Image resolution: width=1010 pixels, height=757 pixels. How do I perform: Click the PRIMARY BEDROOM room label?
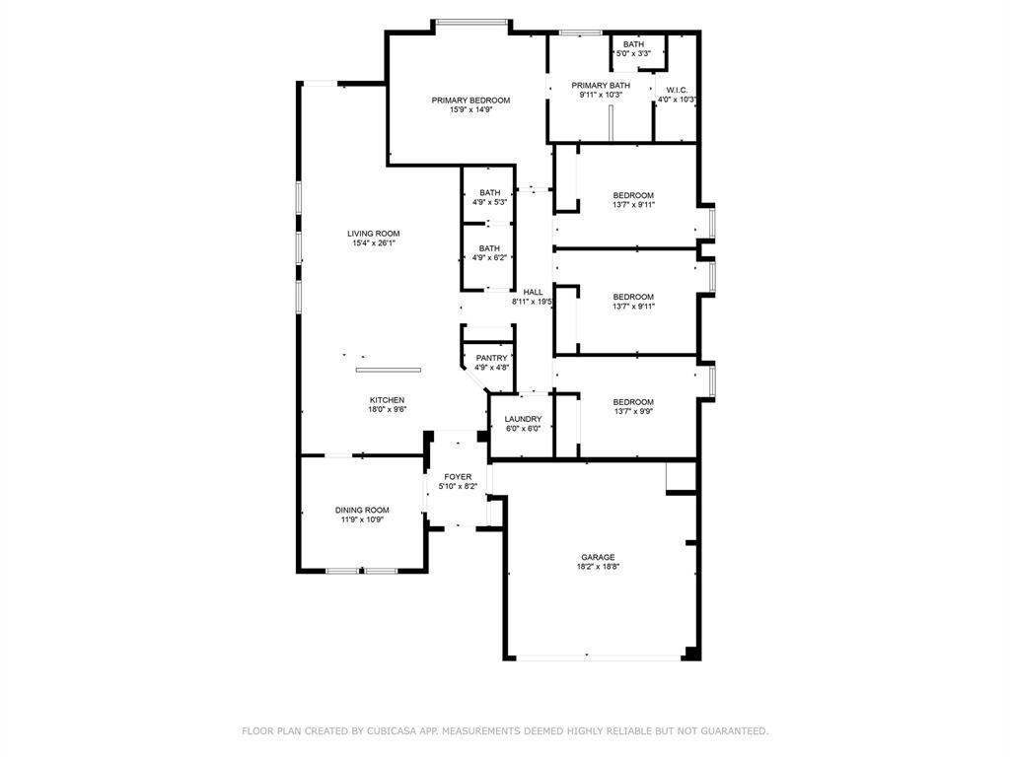[x=470, y=101]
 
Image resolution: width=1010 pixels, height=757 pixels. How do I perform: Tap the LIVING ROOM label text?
[x=374, y=234]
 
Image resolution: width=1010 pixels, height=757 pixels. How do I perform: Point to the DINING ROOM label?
[x=362, y=511]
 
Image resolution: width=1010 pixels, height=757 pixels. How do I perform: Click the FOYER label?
[x=458, y=477]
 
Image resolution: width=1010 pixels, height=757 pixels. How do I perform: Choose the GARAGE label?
[x=598, y=557]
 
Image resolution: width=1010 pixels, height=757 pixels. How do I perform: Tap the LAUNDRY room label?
[x=523, y=419]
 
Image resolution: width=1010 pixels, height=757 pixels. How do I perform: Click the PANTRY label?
[x=491, y=358]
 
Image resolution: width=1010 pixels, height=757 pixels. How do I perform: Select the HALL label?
[x=533, y=292]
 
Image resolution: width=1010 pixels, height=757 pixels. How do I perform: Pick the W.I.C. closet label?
[x=677, y=90]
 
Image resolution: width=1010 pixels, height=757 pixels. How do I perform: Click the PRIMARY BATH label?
[x=601, y=86]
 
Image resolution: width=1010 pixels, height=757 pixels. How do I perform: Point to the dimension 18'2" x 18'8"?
[x=598, y=567]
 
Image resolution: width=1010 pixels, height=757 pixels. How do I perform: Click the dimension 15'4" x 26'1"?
[x=374, y=243]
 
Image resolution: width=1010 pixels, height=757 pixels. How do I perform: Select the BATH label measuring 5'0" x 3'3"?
[x=633, y=44]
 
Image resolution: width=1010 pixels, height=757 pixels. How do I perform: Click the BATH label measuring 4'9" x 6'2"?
[x=490, y=248]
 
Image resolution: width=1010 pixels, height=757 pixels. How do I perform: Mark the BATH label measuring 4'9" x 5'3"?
[x=490, y=192]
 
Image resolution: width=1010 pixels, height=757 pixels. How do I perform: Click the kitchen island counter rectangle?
[x=389, y=370]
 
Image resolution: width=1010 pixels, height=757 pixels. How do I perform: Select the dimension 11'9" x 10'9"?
[x=362, y=519]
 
